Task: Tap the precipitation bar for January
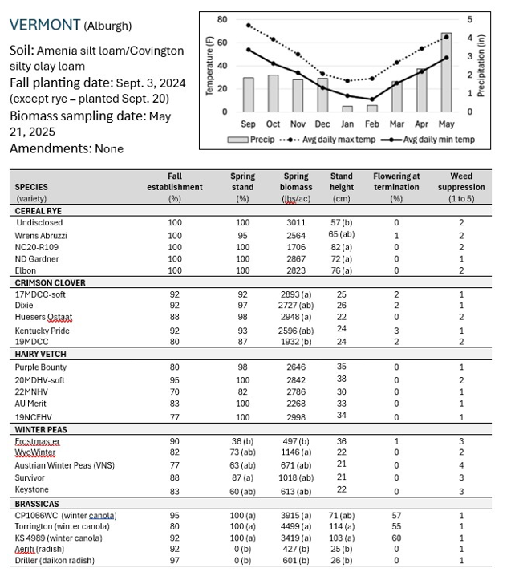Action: point(347,108)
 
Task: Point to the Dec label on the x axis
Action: point(322,124)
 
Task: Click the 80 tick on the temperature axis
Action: point(222,19)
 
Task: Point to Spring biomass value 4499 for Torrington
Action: point(297,527)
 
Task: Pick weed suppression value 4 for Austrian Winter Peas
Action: point(461,465)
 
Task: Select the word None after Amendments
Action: point(111,148)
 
